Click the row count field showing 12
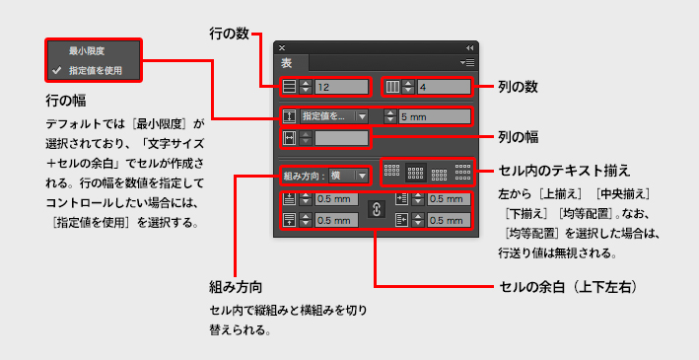[x=341, y=87]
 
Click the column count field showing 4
[x=444, y=87]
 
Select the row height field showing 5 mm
[x=434, y=117]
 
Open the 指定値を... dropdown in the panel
[x=333, y=117]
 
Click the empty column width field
[x=341, y=138]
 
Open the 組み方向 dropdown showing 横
[x=348, y=176]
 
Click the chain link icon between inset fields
[x=376, y=209]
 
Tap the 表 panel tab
[x=287, y=63]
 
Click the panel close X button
[x=282, y=47]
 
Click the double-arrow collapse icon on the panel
[x=469, y=47]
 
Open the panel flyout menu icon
[x=467, y=63]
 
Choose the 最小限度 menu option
[x=87, y=51]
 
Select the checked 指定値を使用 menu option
[x=96, y=70]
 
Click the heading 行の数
[x=229, y=35]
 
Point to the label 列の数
[x=518, y=88]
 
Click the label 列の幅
[x=518, y=138]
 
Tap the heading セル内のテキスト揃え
[x=564, y=170]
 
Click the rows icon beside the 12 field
[x=290, y=87]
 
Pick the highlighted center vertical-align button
[x=415, y=173]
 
